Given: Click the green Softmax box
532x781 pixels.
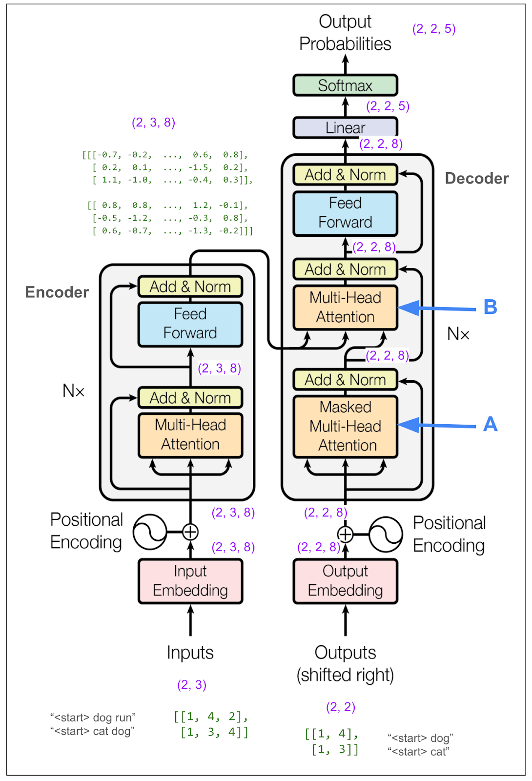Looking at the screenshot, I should (x=345, y=85).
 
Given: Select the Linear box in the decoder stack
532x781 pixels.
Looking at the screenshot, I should (x=345, y=128).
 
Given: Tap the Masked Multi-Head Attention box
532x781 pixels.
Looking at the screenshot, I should (x=345, y=426).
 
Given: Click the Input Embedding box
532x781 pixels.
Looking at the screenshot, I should (x=190, y=581).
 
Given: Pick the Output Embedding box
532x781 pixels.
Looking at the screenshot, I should (x=345, y=581).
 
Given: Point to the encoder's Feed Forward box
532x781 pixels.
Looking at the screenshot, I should (x=190, y=324).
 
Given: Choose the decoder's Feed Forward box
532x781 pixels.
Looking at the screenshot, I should (x=345, y=213).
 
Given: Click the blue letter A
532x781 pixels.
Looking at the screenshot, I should (x=490, y=424).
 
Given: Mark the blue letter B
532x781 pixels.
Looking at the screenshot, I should (x=490, y=307).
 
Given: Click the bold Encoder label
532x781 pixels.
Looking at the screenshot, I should (x=57, y=292).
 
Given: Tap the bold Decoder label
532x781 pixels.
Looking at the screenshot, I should (x=477, y=179).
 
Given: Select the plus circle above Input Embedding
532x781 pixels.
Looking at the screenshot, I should (x=190, y=532).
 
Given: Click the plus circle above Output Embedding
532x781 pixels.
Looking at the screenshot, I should (x=346, y=534).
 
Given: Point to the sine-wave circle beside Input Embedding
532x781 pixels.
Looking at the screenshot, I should (x=150, y=532).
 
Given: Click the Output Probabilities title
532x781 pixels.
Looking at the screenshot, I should (x=345, y=33).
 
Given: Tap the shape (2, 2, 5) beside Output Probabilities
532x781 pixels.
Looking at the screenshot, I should (x=434, y=29).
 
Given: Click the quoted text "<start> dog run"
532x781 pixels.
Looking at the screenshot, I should (x=93, y=718).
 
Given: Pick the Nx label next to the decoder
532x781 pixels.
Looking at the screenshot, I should (x=458, y=334).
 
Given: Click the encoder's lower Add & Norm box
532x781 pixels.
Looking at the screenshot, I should (x=190, y=398).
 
